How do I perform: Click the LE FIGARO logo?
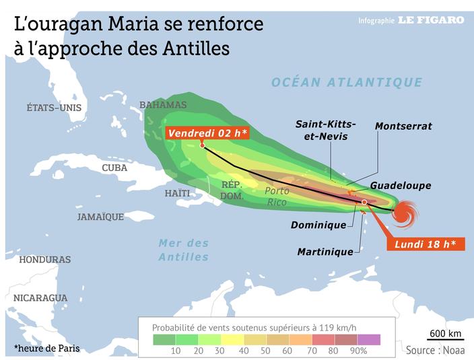coord(431,20)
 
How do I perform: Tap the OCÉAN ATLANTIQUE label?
coord(347,83)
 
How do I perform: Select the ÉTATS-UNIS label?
coord(54,108)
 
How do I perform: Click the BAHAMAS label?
coord(163,105)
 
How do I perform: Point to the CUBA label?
coord(114,168)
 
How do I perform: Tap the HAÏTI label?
coord(178,193)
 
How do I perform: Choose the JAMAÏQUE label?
coord(100,217)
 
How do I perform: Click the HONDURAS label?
coord(45,260)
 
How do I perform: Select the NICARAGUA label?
coord(40,297)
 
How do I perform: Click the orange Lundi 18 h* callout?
coord(426,244)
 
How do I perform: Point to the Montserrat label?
coord(403,127)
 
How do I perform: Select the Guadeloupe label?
coord(401,186)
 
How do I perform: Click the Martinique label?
coord(325,252)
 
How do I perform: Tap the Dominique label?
coord(318,225)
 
